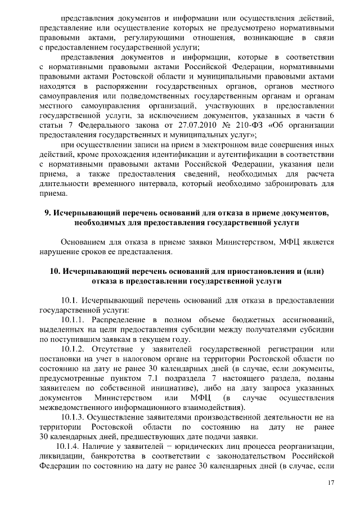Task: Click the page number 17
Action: coord(331,483)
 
